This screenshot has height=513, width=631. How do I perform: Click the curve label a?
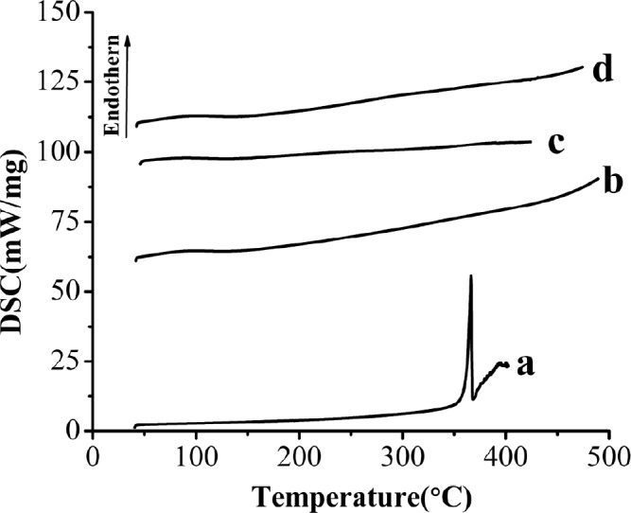pos(527,365)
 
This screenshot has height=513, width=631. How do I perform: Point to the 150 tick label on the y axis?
pos(58,13)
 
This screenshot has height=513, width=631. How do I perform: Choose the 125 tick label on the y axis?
pos(58,82)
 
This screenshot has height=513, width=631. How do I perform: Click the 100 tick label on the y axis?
pos(58,152)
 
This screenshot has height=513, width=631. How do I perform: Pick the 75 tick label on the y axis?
pos(64,222)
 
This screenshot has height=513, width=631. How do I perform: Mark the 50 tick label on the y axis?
pos(64,292)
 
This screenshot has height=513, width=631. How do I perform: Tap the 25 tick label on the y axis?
pos(64,362)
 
